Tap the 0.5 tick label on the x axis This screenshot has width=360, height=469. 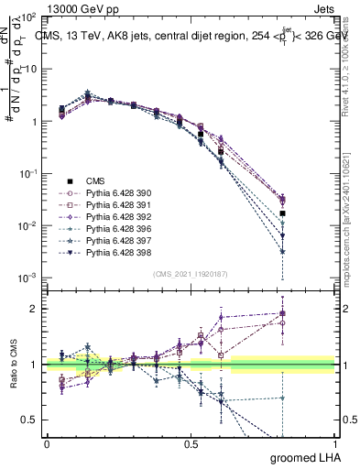click(191, 443)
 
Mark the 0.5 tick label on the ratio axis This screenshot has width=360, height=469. click(28, 420)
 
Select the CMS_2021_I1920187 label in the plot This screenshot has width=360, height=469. click(191, 273)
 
